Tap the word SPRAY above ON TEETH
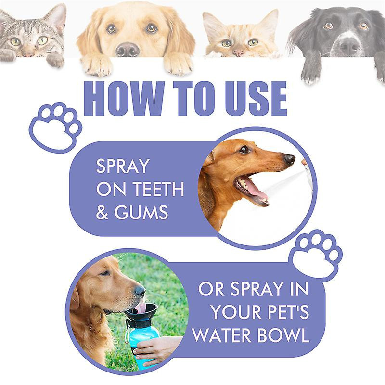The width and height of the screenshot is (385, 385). click(x=122, y=167)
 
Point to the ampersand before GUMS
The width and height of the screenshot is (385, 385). click(x=102, y=212)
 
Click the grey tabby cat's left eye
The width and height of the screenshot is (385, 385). click(x=15, y=42)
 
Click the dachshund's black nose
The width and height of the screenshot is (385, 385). click(x=289, y=158)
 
